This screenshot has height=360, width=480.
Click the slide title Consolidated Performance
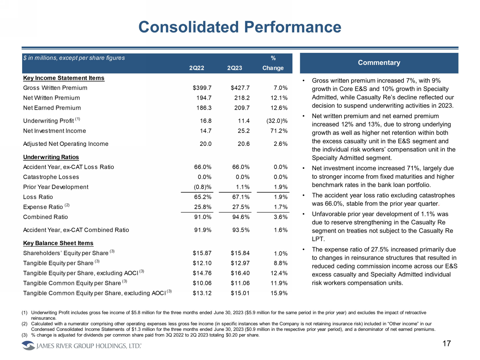point(240,27)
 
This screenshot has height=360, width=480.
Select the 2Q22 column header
point(196,68)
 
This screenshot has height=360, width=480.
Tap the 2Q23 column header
point(234,68)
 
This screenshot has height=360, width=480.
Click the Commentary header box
point(379,63)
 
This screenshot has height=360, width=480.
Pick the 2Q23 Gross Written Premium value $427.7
point(240,88)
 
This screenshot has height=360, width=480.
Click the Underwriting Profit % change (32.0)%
point(277,121)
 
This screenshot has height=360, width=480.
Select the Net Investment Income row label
point(54,131)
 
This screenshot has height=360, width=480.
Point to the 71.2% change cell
point(279,131)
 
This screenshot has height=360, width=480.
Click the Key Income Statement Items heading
point(64,78)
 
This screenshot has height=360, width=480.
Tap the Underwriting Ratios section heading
point(51,157)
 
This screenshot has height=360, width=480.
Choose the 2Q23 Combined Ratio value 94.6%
point(241,217)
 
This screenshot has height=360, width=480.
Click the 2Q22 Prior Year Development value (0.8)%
point(203,187)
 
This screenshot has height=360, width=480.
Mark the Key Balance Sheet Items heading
point(58,243)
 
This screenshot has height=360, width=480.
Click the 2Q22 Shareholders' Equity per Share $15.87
point(202,253)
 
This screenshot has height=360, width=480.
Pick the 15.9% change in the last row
point(279,293)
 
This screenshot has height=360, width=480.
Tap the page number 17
point(446,343)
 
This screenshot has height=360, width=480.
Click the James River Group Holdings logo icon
point(28,346)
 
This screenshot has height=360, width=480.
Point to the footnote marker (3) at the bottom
point(24,335)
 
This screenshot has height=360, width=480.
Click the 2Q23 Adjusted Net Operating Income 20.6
point(243,144)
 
